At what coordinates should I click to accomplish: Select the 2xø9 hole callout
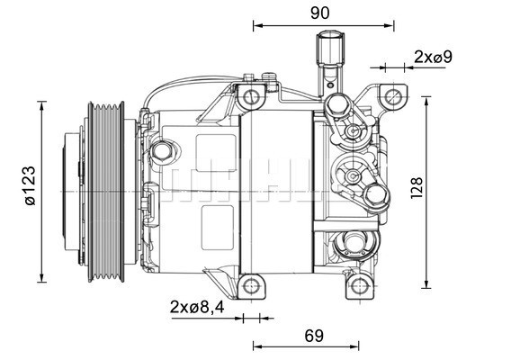pyautogui.click(x=433, y=56)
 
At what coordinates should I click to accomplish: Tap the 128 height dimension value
pyautogui.click(x=416, y=189)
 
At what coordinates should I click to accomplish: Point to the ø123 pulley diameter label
pyautogui.click(x=29, y=187)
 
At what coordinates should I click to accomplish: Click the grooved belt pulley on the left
pyautogui.click(x=111, y=186)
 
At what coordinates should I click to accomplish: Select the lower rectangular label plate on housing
pyautogui.click(x=216, y=221)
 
